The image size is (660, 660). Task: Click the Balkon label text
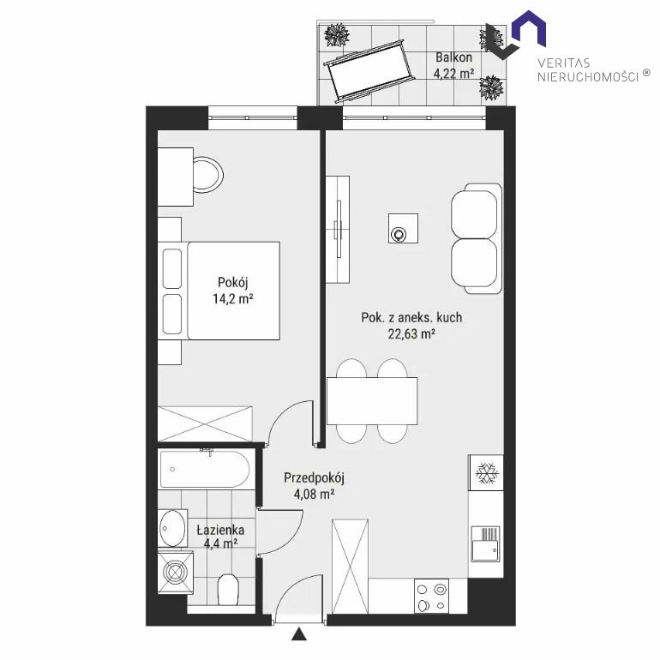point(453,57)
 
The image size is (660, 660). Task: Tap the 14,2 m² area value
point(233,299)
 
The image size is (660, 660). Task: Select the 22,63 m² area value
point(411,333)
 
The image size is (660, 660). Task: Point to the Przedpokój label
point(314,477)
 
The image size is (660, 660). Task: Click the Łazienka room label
point(220,530)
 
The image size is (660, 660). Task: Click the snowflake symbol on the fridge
point(487,472)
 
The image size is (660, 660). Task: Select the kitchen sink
point(485,543)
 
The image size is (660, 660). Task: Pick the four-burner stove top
point(431,596)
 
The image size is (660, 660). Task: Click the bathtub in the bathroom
point(205,470)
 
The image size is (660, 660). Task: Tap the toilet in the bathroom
point(228,590)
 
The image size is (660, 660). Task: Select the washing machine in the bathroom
point(176,572)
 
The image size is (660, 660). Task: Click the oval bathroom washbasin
point(172,528)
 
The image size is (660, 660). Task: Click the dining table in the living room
point(372,401)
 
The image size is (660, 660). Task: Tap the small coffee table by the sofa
point(403,228)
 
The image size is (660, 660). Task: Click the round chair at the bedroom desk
point(208,174)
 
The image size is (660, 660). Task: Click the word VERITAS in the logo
point(564,63)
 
